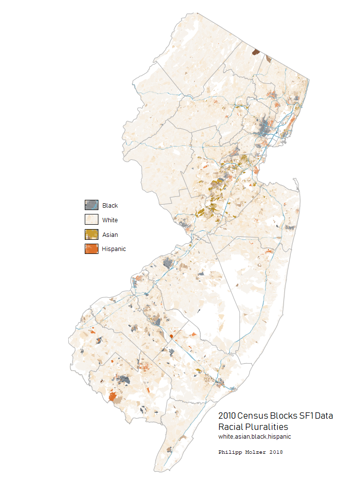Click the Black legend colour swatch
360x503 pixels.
point(92,205)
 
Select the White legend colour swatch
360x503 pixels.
point(92,220)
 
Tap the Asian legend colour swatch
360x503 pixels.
point(92,234)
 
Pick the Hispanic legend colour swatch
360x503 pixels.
point(92,249)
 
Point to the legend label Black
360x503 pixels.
point(110,206)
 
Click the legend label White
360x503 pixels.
point(110,220)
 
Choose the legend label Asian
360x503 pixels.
point(110,235)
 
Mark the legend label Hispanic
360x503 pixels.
point(114,249)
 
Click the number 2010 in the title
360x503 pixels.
point(227,416)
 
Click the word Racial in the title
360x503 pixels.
point(230,426)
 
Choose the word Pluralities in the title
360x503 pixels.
point(266,426)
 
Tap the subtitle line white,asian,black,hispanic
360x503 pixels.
point(255,437)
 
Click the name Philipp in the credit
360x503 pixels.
point(232,452)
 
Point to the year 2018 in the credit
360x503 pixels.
point(276,452)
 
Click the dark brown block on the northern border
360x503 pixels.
point(255,52)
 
